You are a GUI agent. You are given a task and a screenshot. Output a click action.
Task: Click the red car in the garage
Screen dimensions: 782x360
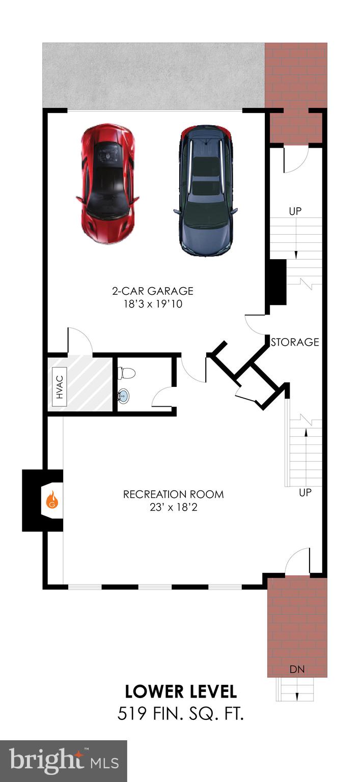point(108,183)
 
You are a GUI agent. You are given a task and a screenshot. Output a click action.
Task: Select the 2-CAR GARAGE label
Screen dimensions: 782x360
point(153,291)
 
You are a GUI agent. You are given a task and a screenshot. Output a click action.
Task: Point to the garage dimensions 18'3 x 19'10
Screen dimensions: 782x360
point(153,304)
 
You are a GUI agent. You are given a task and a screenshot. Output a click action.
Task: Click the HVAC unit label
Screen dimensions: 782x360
point(60,386)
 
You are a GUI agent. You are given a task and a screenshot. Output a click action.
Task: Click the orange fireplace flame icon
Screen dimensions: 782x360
point(52,500)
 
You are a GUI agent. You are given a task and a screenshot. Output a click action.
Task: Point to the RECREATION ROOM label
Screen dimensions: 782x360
point(173,494)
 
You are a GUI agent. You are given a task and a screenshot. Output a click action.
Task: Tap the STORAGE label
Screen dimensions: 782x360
point(295,342)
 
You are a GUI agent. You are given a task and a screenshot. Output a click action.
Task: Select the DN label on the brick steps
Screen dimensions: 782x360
point(297,669)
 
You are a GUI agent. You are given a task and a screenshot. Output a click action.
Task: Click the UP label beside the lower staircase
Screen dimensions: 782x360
point(305,493)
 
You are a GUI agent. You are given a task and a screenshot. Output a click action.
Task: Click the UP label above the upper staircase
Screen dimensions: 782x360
point(295,211)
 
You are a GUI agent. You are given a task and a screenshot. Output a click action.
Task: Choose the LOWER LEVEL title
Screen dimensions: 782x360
point(181,691)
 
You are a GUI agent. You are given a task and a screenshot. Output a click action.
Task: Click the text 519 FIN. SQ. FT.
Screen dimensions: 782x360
point(181,714)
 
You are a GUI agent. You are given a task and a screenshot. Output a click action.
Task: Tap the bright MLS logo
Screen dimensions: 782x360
point(64,761)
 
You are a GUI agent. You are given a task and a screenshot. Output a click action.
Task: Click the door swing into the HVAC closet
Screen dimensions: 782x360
point(79,340)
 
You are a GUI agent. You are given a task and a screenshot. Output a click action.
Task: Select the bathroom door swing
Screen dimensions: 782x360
point(162,397)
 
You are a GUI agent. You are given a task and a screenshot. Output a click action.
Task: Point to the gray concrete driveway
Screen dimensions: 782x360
point(153,75)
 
